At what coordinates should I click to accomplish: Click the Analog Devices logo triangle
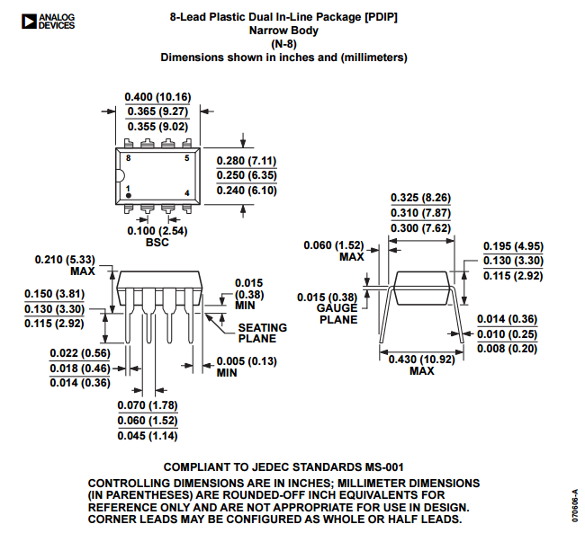[x=29, y=22]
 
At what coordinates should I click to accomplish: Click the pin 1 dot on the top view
[x=129, y=195]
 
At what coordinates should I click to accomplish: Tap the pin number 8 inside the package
[x=129, y=158]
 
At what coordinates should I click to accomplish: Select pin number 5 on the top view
[x=187, y=158]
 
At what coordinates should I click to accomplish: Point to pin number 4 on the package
[x=187, y=192]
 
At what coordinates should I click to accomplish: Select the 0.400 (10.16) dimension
[x=157, y=97]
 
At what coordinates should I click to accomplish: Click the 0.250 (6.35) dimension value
[x=247, y=175]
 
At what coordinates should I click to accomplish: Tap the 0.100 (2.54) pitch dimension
[x=157, y=231]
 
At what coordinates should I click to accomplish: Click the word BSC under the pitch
[x=157, y=243]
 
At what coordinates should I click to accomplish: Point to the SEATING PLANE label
[x=263, y=333]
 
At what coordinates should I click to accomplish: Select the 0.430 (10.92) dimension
[x=421, y=360]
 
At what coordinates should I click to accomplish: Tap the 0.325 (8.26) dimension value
[x=420, y=198]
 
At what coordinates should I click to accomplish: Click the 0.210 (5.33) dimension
[x=65, y=260]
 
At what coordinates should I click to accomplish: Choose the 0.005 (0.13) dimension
[x=247, y=361]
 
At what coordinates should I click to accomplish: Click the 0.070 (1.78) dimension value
[x=148, y=405]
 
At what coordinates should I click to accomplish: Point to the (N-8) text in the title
[x=283, y=44]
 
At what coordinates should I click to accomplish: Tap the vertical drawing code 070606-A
[x=575, y=506]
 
